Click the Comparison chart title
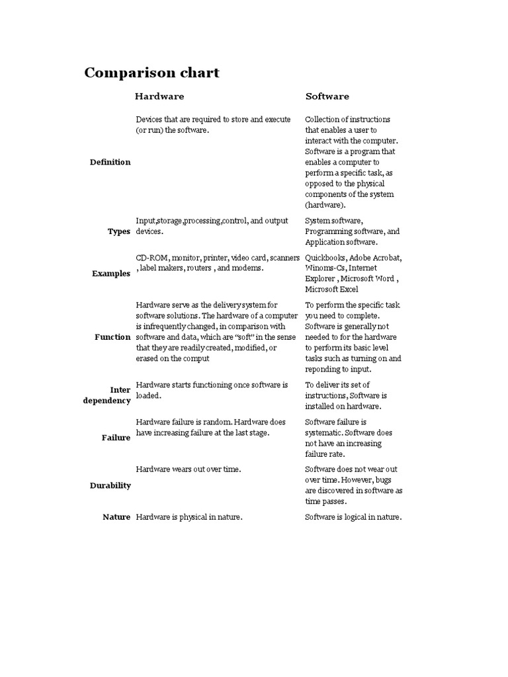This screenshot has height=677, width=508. click(x=151, y=73)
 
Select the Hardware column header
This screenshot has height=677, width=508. click(x=159, y=97)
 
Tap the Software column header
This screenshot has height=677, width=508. click(x=327, y=97)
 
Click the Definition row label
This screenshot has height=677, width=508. click(x=110, y=162)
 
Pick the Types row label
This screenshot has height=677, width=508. click(x=119, y=232)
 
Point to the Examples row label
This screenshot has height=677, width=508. click(x=111, y=274)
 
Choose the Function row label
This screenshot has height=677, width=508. click(x=112, y=337)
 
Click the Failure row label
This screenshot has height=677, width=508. click(x=116, y=438)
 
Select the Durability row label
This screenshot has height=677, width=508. click(x=110, y=486)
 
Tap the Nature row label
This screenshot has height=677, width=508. click(x=116, y=517)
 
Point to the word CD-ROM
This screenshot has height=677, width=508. click(x=151, y=258)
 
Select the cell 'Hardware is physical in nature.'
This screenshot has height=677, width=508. click(x=189, y=517)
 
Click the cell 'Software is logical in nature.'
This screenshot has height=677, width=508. click(x=353, y=517)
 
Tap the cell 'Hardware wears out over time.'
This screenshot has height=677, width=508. click(x=188, y=469)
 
